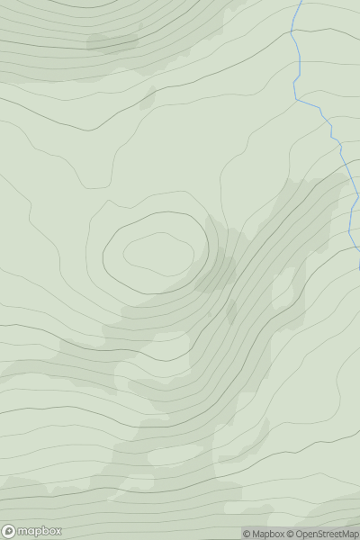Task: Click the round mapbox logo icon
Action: (10, 531)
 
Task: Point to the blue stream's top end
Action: (300, 2)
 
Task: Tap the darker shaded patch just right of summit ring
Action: (216, 270)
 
